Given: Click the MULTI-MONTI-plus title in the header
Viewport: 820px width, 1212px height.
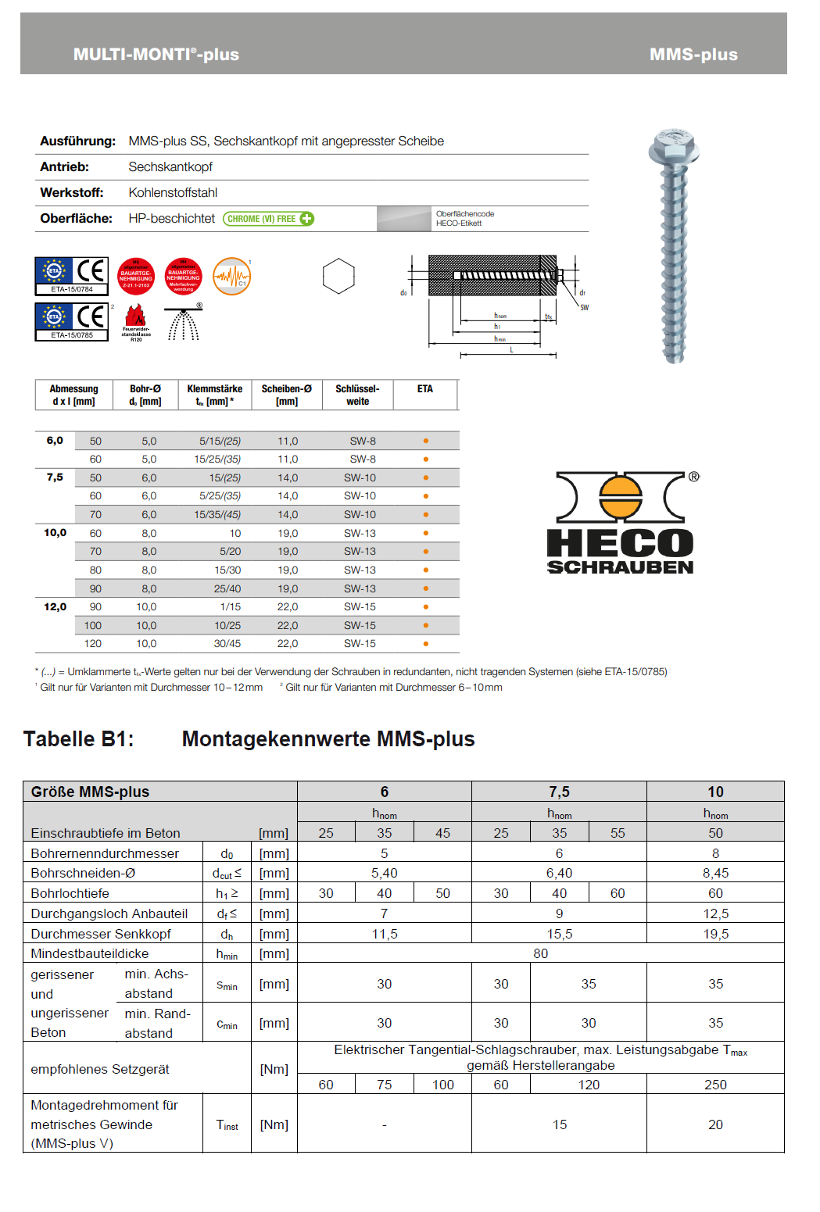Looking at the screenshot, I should click(156, 54).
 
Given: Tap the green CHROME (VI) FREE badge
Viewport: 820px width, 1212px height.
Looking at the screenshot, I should click(268, 219).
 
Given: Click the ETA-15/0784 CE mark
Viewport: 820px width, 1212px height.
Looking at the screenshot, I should click(72, 276).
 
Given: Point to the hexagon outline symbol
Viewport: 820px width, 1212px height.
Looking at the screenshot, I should click(338, 276).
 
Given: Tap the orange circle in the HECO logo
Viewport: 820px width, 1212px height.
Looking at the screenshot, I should click(620, 498).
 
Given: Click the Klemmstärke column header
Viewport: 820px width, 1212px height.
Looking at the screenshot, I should click(215, 395).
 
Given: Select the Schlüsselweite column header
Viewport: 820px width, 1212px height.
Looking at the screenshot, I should click(357, 395).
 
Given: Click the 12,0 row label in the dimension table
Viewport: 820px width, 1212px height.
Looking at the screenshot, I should click(55, 606).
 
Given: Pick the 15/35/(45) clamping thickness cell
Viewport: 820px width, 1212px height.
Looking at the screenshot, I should click(217, 514).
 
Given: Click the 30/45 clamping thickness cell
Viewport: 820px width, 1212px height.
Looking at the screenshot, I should click(227, 643).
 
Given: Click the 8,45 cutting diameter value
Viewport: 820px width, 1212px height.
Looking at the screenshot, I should click(715, 873).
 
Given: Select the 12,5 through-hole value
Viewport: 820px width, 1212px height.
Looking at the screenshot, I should click(715, 913).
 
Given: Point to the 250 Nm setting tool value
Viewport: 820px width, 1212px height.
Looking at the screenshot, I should click(715, 1085).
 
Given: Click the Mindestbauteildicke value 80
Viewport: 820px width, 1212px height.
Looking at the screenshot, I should click(540, 953).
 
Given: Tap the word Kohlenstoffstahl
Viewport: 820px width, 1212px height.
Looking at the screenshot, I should click(173, 192).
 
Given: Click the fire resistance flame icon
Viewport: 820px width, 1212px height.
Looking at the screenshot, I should click(136, 316).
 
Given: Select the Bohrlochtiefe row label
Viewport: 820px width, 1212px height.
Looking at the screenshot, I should click(70, 893).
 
